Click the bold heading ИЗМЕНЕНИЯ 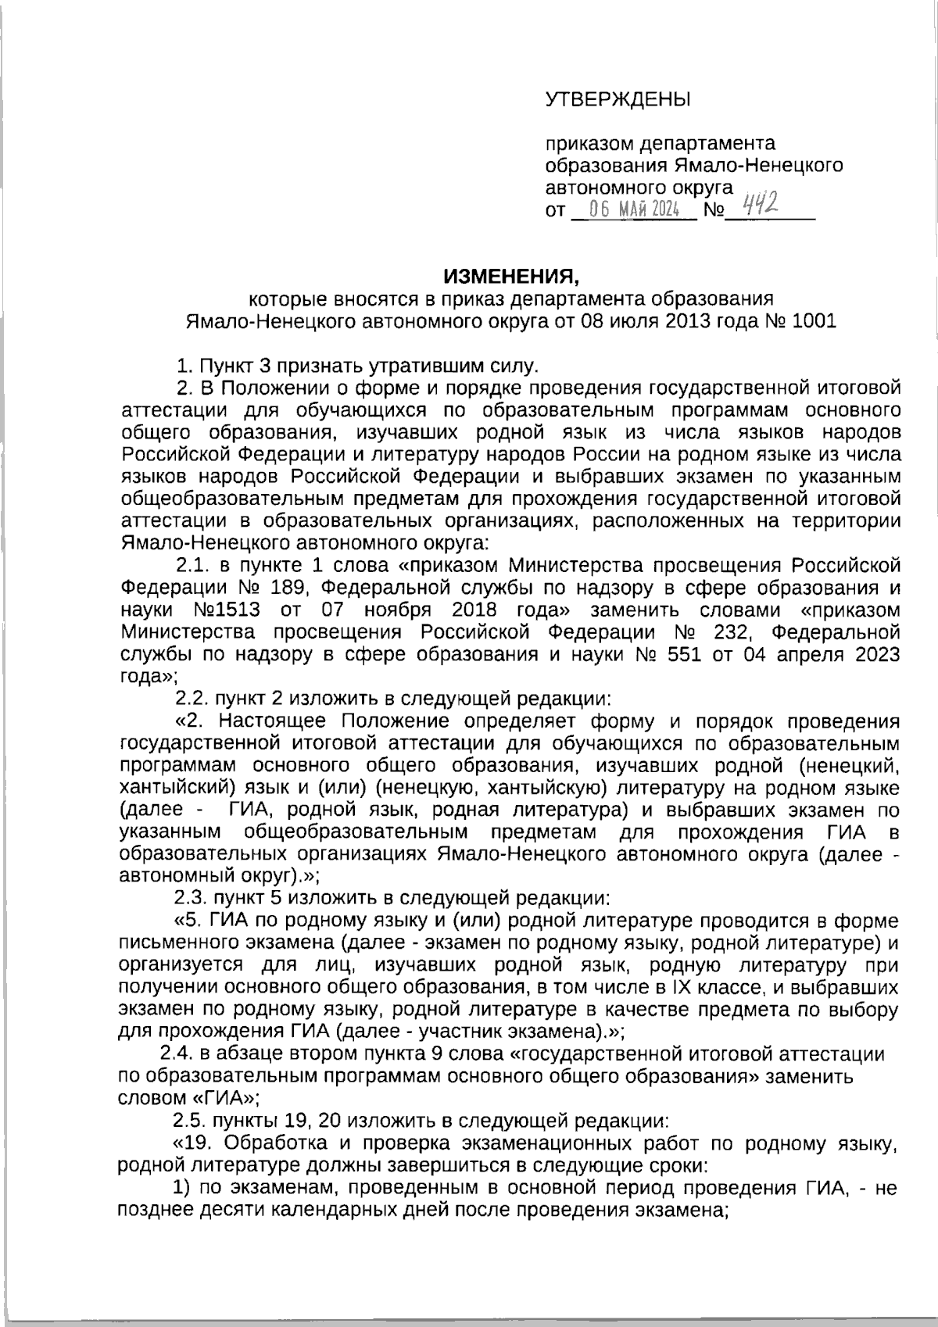pyautogui.click(x=512, y=277)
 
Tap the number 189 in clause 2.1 pyautogui.click(x=284, y=587)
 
